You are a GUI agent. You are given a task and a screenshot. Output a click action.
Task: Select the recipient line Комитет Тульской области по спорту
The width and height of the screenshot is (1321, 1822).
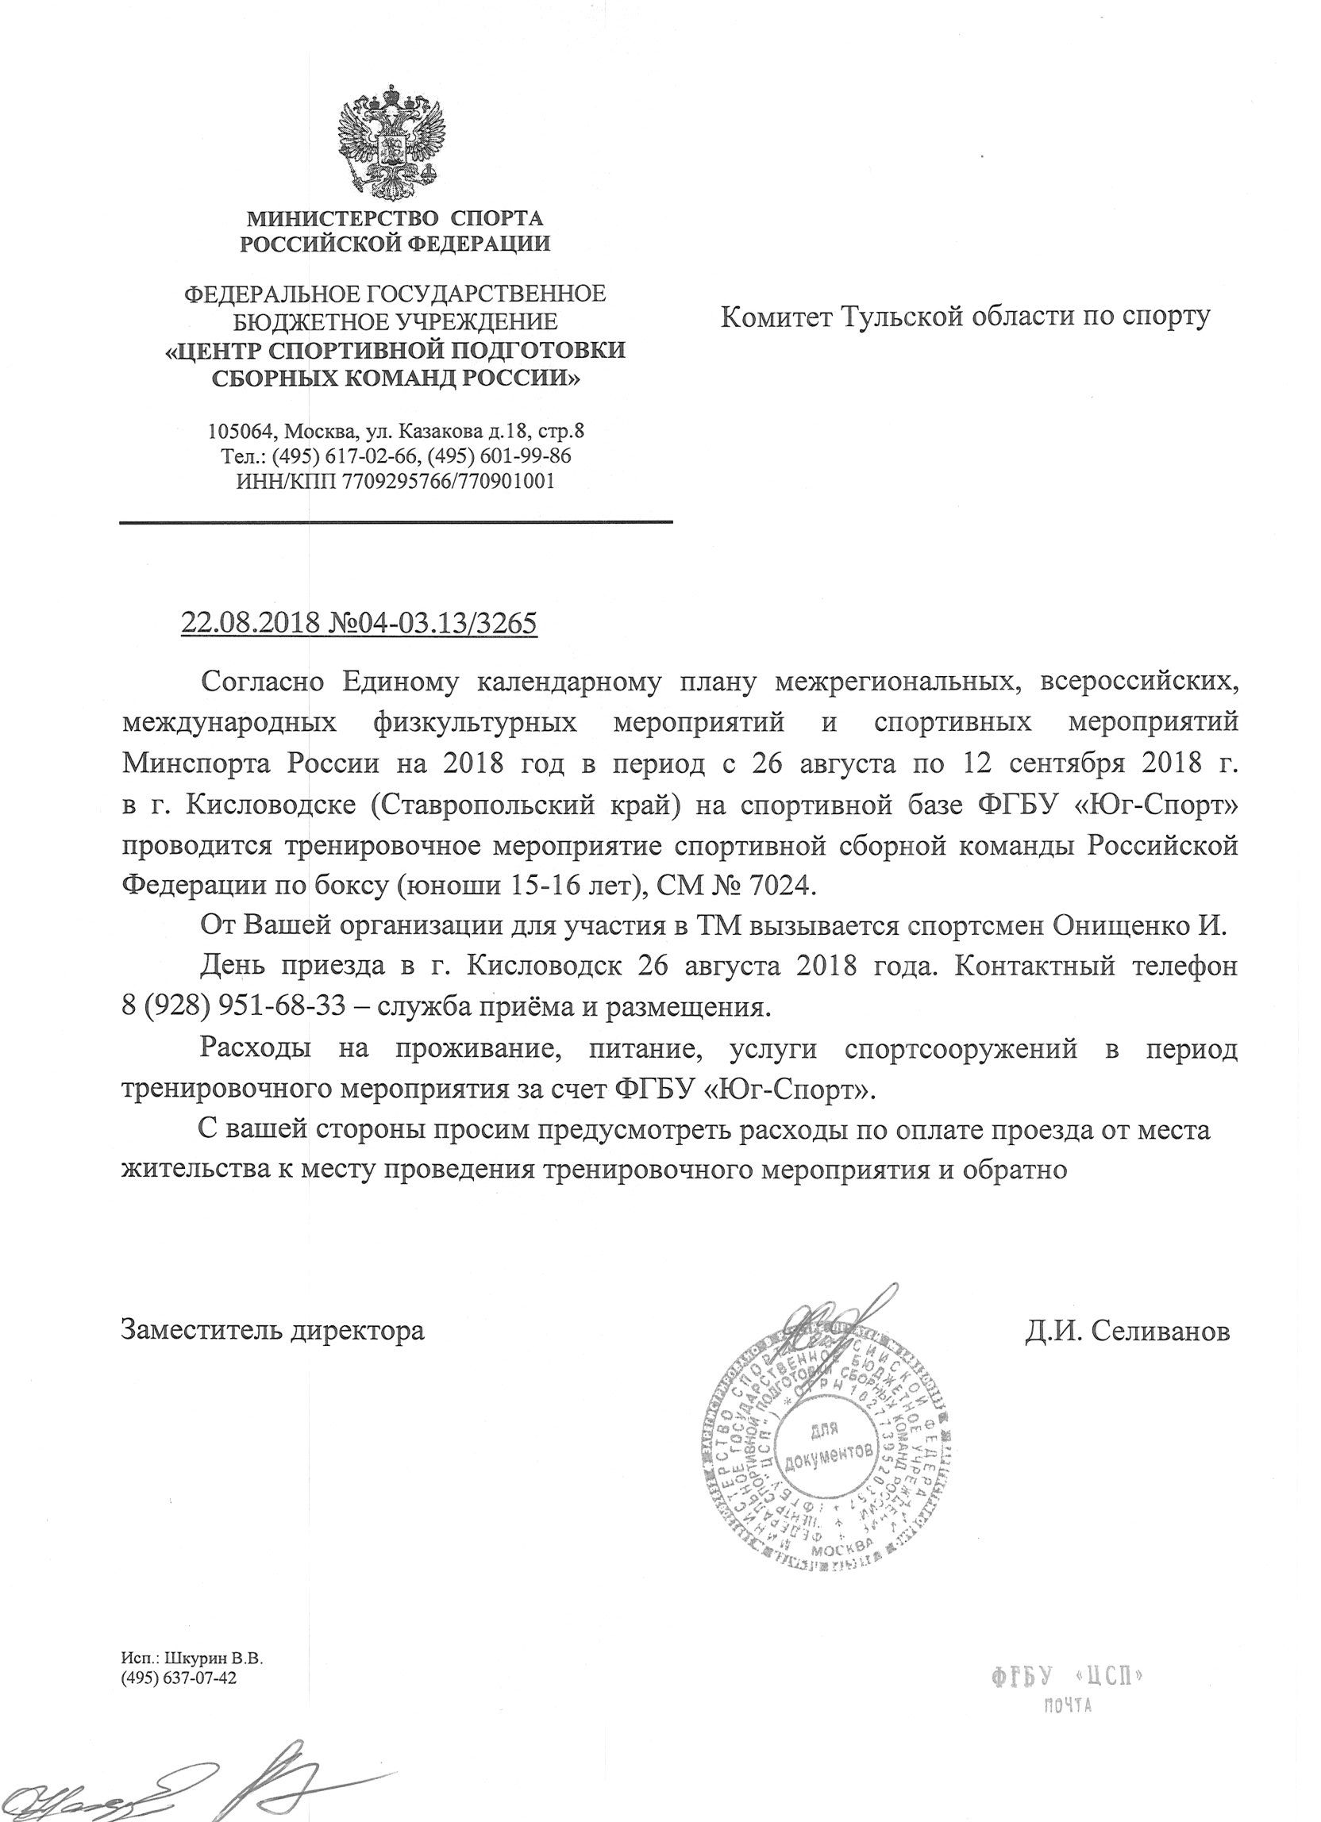(x=965, y=318)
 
